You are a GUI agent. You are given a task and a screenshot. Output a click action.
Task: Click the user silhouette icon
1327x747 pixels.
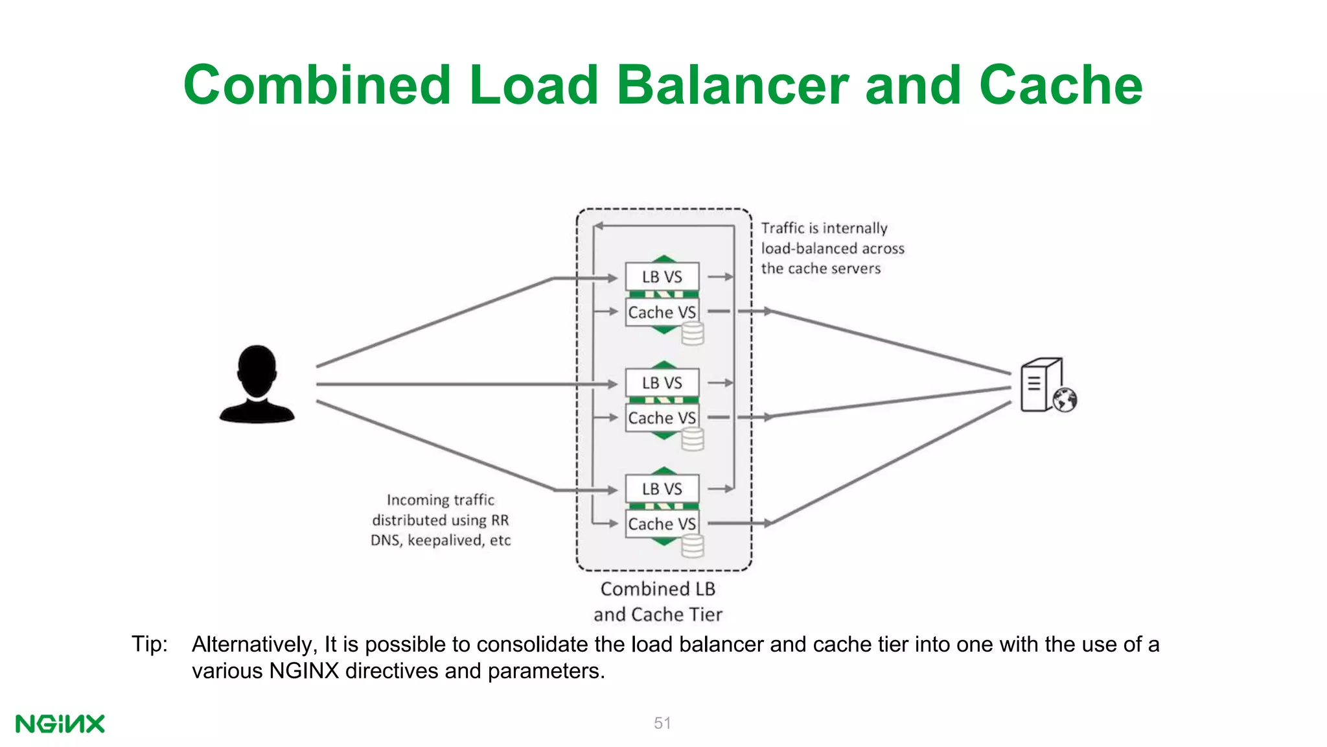tap(257, 385)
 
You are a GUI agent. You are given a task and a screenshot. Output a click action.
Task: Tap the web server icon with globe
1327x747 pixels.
tap(1046, 386)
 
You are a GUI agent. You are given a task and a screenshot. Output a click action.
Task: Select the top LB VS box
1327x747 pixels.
tap(662, 277)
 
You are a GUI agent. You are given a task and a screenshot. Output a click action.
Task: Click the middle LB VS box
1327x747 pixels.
tap(662, 383)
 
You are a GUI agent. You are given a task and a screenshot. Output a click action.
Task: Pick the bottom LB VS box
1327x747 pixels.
tap(662, 489)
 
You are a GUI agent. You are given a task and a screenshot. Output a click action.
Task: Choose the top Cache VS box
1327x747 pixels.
tap(662, 312)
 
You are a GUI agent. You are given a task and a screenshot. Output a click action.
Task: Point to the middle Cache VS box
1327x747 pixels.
tap(662, 418)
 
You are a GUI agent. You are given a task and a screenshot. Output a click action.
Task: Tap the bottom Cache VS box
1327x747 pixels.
tap(662, 524)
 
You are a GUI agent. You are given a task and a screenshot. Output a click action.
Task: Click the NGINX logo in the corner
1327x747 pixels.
tap(60, 724)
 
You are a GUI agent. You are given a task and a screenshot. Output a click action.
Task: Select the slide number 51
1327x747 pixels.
tap(662, 723)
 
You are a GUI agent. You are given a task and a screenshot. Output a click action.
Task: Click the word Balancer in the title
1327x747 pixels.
tap(732, 85)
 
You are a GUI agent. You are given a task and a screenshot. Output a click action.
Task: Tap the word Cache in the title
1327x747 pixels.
tap(1061, 85)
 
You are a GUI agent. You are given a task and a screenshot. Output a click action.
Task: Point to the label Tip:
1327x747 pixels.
tap(150, 644)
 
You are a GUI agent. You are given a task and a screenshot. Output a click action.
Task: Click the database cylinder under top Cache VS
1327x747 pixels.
tap(693, 335)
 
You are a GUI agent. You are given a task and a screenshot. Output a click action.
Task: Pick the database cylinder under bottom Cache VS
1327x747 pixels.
tap(693, 546)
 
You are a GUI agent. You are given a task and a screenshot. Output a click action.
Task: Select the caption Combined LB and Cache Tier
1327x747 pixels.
tap(658, 601)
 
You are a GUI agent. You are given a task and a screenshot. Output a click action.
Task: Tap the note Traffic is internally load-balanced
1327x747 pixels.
tap(832, 248)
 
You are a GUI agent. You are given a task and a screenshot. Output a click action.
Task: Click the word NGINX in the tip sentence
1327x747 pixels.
tap(304, 670)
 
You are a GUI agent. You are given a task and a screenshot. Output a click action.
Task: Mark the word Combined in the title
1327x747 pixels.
tap(317, 85)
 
